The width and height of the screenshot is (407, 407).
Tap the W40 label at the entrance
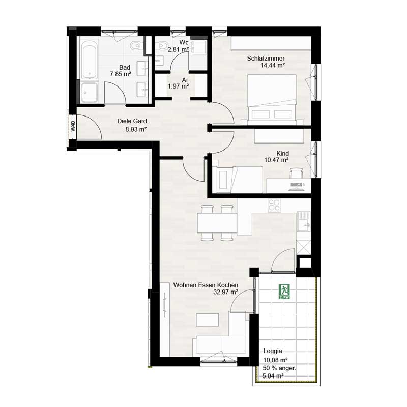(73, 127)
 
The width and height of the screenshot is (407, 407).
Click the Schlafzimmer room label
(265, 58)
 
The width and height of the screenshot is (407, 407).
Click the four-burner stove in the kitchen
(274, 205)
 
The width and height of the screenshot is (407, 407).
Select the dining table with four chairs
(217, 222)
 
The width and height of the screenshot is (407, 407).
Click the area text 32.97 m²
(226, 293)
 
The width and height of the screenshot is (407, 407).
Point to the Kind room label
(282, 153)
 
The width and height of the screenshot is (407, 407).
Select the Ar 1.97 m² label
(179, 83)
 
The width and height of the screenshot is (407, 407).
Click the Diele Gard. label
(132, 121)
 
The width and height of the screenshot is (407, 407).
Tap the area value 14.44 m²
(272, 65)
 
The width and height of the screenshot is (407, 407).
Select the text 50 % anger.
(279, 368)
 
